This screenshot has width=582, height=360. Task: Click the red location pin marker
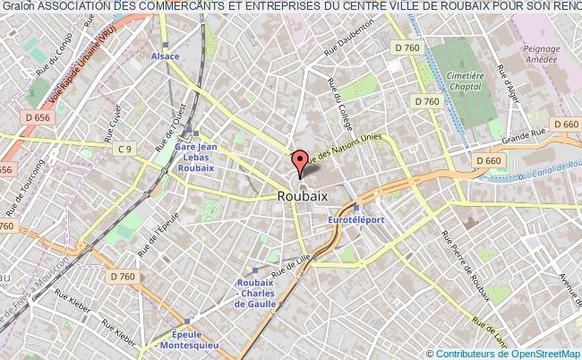(300, 162)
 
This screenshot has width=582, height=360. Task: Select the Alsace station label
(166, 56)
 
